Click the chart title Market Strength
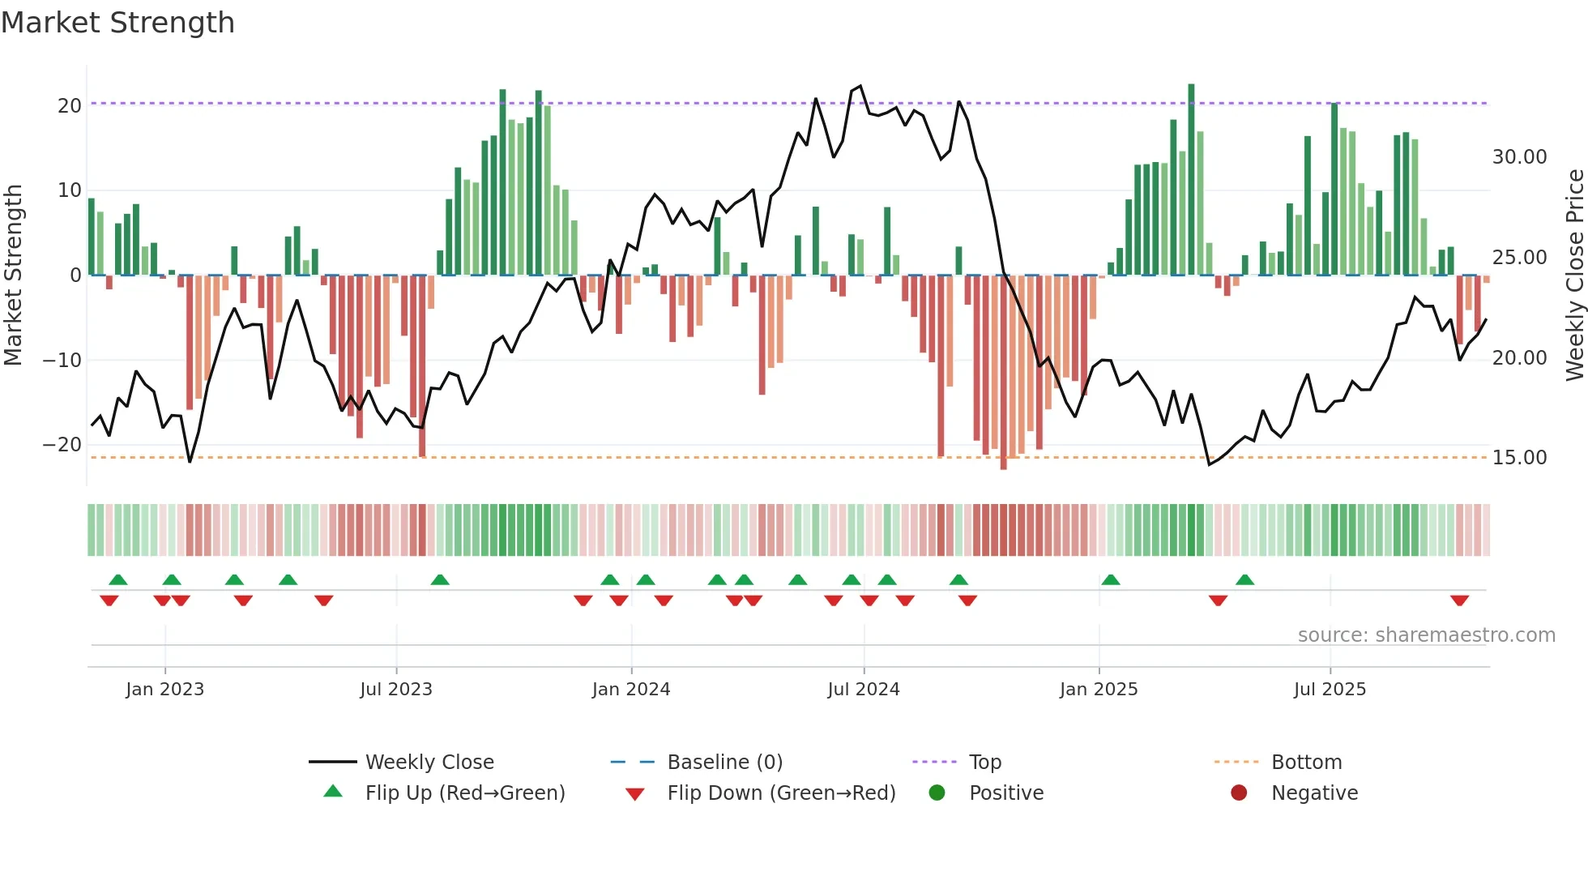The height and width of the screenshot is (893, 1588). click(x=117, y=23)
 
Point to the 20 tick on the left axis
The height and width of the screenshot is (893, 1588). click(x=70, y=106)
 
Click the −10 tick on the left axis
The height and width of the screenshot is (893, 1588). click(x=62, y=360)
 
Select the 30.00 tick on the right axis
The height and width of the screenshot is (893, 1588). click(x=1519, y=157)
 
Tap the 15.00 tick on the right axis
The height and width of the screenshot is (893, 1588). click(x=1519, y=458)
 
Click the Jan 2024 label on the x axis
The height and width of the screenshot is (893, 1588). click(x=630, y=690)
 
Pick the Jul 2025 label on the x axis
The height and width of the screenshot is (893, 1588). click(x=1330, y=690)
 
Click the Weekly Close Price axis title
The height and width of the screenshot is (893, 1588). click(x=1574, y=276)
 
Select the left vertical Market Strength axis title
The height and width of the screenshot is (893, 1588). click(x=14, y=276)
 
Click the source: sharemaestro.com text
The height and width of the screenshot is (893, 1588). click(x=1426, y=635)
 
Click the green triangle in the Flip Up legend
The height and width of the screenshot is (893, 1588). click(x=333, y=792)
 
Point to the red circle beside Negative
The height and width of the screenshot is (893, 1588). click(x=1239, y=793)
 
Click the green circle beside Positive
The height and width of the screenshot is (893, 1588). click(x=937, y=793)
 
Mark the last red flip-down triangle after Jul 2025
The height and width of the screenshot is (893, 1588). click(x=1460, y=600)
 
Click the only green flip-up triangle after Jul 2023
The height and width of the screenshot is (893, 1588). click(x=440, y=579)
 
